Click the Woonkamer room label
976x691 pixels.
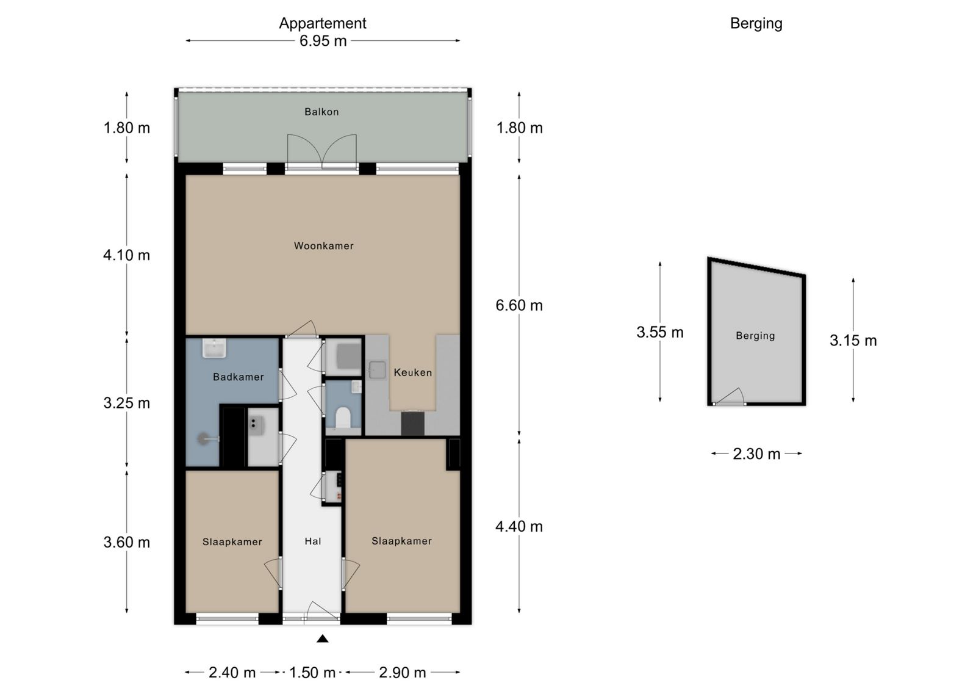(323, 246)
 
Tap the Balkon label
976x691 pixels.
(321, 112)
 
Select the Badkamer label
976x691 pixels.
(239, 377)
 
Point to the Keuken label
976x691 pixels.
(412, 372)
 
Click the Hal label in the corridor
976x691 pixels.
(313, 541)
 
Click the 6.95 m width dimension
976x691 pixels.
(323, 41)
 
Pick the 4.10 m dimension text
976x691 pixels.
(126, 255)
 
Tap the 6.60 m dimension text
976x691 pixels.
(519, 305)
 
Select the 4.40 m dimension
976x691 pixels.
(519, 527)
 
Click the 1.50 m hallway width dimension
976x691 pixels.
(312, 673)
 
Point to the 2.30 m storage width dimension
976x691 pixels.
(756, 454)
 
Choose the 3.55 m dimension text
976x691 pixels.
(659, 332)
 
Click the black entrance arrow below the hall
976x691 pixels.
(323, 639)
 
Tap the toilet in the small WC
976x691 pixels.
(343, 417)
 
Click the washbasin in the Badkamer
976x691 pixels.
(214, 349)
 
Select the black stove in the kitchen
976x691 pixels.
(412, 423)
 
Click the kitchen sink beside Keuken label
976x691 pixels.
(377, 370)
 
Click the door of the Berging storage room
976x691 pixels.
(730, 397)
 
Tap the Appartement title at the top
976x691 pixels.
(323, 23)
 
